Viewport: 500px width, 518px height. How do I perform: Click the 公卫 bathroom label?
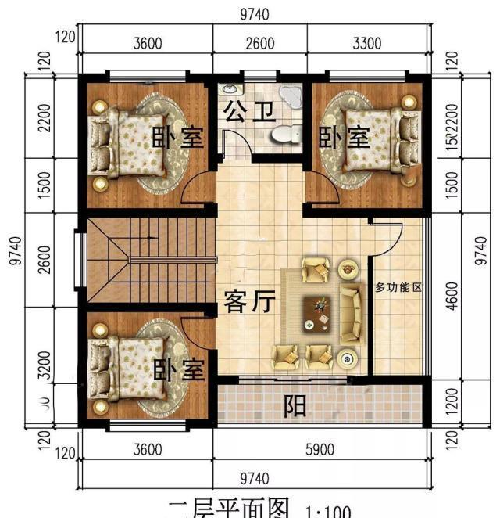tap(249, 112)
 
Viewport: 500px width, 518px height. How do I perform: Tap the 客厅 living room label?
tap(249, 301)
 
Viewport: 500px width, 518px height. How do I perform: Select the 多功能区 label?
tap(398, 288)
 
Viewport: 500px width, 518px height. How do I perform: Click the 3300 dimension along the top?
tap(367, 44)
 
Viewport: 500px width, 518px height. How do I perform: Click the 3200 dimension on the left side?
tap(45, 364)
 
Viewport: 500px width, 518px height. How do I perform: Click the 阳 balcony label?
tap(294, 405)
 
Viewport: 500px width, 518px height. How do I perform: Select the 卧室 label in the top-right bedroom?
tap(344, 138)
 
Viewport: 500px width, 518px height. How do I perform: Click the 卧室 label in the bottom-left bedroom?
tap(177, 368)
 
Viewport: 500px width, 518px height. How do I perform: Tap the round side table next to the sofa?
tap(346, 358)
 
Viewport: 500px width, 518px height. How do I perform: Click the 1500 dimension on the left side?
tap(45, 185)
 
